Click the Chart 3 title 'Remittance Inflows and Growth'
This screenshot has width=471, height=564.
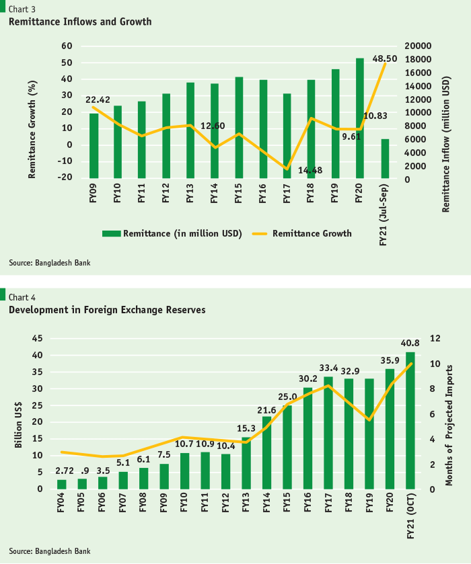pyautogui.click(x=80, y=22)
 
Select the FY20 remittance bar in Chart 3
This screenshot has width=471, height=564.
pyautogui.click(x=360, y=118)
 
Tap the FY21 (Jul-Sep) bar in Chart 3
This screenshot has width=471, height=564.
pyautogui.click(x=385, y=159)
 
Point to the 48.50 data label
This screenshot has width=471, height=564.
pyautogui.click(x=385, y=58)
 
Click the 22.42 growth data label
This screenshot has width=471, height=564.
pyautogui.click(x=98, y=99)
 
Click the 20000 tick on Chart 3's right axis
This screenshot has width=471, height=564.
pyautogui.click(x=418, y=46)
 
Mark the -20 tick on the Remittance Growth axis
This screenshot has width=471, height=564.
pyautogui.click(x=65, y=177)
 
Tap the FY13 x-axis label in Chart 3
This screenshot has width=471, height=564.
pyautogui.click(x=190, y=193)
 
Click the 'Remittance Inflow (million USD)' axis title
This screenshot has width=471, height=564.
pyautogui.click(x=446, y=144)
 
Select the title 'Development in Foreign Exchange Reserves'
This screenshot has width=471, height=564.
pyautogui.click(x=107, y=310)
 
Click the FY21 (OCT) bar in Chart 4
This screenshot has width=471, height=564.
pyautogui.click(x=410, y=421)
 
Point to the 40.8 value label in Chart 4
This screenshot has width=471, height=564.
pyautogui.click(x=410, y=343)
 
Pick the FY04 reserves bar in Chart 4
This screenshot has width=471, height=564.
pyautogui.click(x=62, y=485)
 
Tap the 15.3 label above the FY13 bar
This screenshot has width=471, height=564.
pyautogui.click(x=246, y=428)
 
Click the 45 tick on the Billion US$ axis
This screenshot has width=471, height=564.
pyautogui.click(x=37, y=339)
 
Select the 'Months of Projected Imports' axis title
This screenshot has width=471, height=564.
pyautogui.click(x=449, y=426)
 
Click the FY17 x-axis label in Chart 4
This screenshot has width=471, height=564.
pyautogui.click(x=328, y=503)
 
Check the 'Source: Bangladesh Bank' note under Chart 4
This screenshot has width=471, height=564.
pyautogui.click(x=50, y=551)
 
